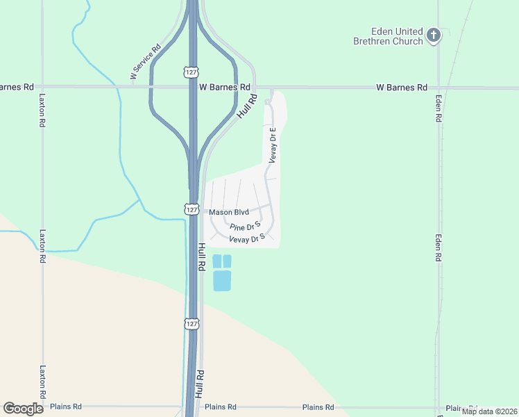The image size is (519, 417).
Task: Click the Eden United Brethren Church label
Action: (387, 36)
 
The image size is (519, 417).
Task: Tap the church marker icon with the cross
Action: (434, 35)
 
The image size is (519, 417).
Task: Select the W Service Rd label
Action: (145, 62)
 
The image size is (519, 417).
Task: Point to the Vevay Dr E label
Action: (273, 145)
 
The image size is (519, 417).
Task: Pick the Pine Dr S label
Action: (244, 227)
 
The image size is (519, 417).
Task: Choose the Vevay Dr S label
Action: (248, 238)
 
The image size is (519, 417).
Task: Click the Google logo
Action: (23, 409)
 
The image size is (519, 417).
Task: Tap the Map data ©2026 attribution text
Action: (488, 411)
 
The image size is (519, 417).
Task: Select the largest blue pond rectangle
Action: (222, 281)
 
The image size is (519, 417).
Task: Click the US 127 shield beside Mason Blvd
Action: (192, 209)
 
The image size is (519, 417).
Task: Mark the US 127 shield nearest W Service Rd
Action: (192, 72)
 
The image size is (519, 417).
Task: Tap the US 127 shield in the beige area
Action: (192, 324)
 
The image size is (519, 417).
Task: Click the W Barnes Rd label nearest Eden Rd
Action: (402, 88)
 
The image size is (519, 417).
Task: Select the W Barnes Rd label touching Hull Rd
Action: (224, 88)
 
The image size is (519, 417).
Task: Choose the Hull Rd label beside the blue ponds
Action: (201, 256)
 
